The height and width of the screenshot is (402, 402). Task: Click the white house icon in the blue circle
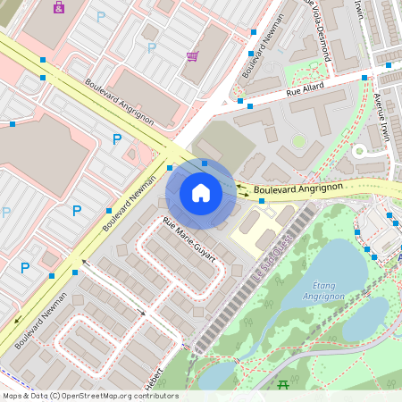[201, 193]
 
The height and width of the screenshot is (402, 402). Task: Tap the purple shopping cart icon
[192, 56]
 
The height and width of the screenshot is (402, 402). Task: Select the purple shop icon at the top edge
[59, 7]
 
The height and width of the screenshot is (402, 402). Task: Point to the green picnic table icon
[283, 385]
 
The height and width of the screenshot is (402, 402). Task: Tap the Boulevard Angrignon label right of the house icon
[297, 188]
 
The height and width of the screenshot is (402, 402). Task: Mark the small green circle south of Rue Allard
[298, 140]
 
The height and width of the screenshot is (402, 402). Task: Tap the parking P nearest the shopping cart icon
[152, 47]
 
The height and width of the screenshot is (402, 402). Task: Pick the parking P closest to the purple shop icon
[100, 16]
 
